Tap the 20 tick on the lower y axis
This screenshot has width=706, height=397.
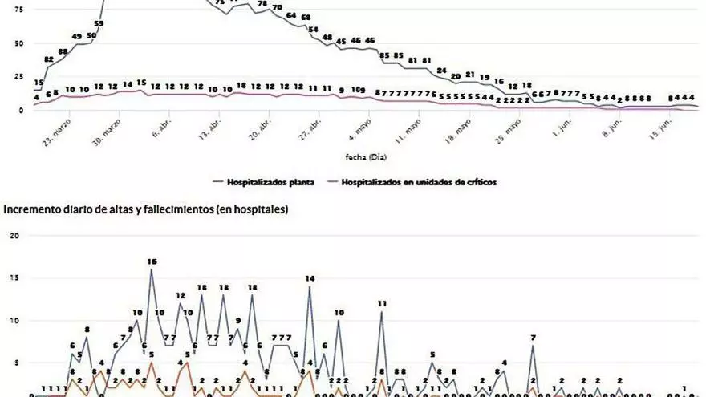[12, 236]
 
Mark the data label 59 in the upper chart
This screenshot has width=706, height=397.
[99, 24]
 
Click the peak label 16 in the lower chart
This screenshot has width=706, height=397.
[152, 261]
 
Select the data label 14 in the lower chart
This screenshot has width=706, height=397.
[310, 278]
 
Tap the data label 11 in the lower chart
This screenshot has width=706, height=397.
[382, 304]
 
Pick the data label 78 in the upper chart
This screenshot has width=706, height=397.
[262, 4]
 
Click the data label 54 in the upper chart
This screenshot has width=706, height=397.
[314, 29]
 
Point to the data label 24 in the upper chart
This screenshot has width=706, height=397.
[441, 71]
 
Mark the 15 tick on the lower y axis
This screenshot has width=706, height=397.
[12, 278]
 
